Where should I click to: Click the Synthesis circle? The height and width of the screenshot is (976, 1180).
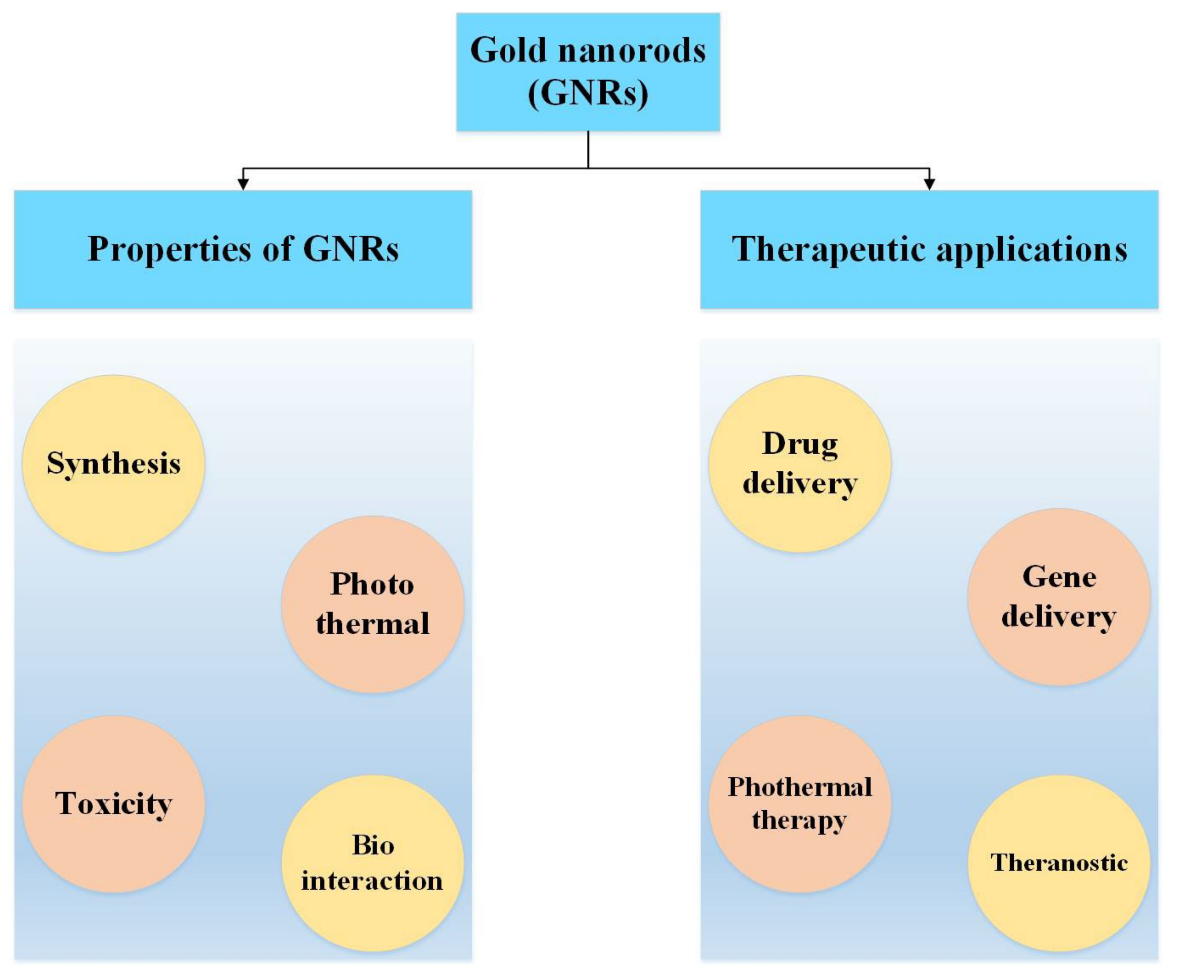114,464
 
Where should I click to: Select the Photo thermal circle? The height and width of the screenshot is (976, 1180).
372,604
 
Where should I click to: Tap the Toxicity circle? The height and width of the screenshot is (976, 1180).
114,804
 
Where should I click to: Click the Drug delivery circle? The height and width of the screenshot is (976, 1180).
799,464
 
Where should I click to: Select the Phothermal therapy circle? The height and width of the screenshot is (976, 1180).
799,804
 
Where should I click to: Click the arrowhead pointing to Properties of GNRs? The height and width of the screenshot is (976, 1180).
243,184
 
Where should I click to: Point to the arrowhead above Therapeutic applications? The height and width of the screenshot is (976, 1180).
929,184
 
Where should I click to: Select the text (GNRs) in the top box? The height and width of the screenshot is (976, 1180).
588,93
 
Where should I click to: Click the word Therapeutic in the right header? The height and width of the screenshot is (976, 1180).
828,249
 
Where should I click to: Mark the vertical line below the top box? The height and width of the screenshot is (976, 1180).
588,149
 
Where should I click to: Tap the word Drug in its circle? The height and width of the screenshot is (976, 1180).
799,444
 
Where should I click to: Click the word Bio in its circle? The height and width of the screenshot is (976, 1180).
372,845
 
